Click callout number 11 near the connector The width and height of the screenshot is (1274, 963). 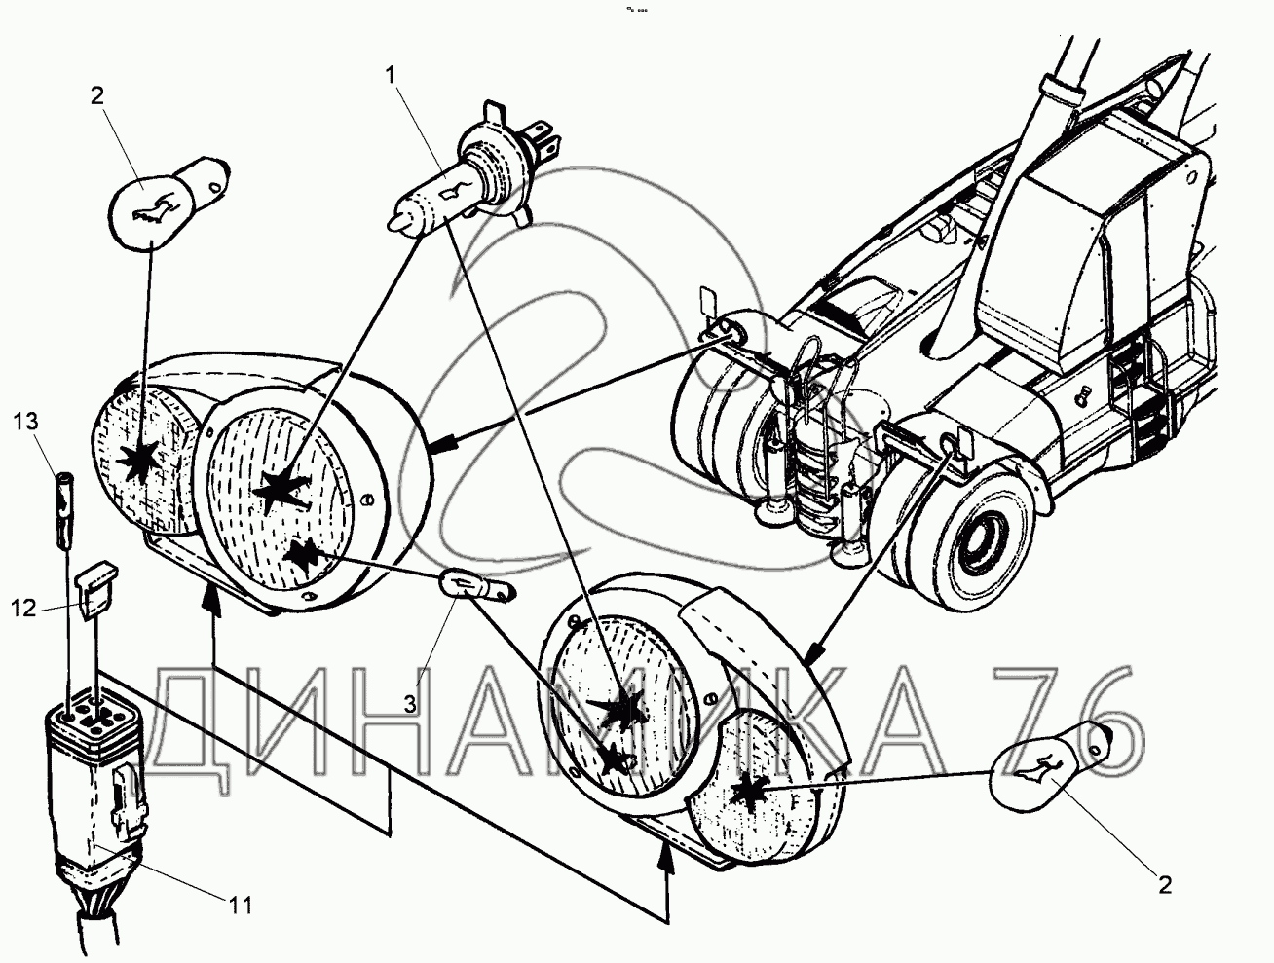tap(242, 906)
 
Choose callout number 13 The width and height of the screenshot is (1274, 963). tap(26, 422)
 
